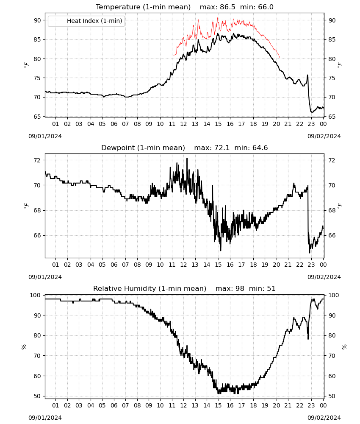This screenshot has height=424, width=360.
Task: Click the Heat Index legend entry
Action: pyautogui.click(x=86, y=21)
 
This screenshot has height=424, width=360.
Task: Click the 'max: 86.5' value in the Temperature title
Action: pyautogui.click(x=217, y=7)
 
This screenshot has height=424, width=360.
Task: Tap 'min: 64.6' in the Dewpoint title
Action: pyautogui.click(x=251, y=148)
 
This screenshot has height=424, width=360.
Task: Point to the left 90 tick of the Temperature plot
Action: pyautogui.click(x=38, y=20)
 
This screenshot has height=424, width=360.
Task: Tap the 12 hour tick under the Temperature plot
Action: pyautogui.click(x=183, y=124)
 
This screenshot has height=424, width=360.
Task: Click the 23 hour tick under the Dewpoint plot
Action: pyautogui.click(x=311, y=265)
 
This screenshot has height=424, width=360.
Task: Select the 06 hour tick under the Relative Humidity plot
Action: pyautogui.click(x=114, y=405)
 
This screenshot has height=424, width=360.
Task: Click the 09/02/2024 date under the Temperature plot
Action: pyautogui.click(x=324, y=136)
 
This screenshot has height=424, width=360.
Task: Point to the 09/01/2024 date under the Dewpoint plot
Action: pyautogui.click(x=45, y=277)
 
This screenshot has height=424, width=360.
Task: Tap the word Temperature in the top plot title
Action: pyautogui.click(x=118, y=7)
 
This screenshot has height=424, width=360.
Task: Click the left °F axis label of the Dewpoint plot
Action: pyautogui.click(x=26, y=206)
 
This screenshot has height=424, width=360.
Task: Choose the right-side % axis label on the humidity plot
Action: pyautogui.click(x=344, y=347)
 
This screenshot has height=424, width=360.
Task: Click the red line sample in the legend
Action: pyautogui.click(x=56, y=21)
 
